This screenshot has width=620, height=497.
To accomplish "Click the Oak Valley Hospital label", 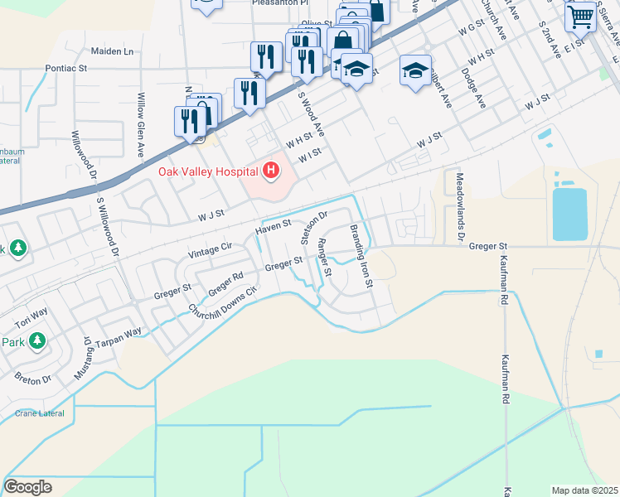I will click(207, 171).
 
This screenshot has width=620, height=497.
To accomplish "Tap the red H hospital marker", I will click(269, 171).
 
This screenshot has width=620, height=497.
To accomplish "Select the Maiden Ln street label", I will click(112, 51).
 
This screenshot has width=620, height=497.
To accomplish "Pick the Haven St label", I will click(274, 224).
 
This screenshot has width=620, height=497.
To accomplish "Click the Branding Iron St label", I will click(361, 256).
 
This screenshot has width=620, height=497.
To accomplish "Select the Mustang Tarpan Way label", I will click(109, 344).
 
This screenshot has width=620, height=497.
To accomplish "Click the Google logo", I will click(27, 486).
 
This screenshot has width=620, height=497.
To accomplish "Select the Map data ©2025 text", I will click(585, 490).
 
